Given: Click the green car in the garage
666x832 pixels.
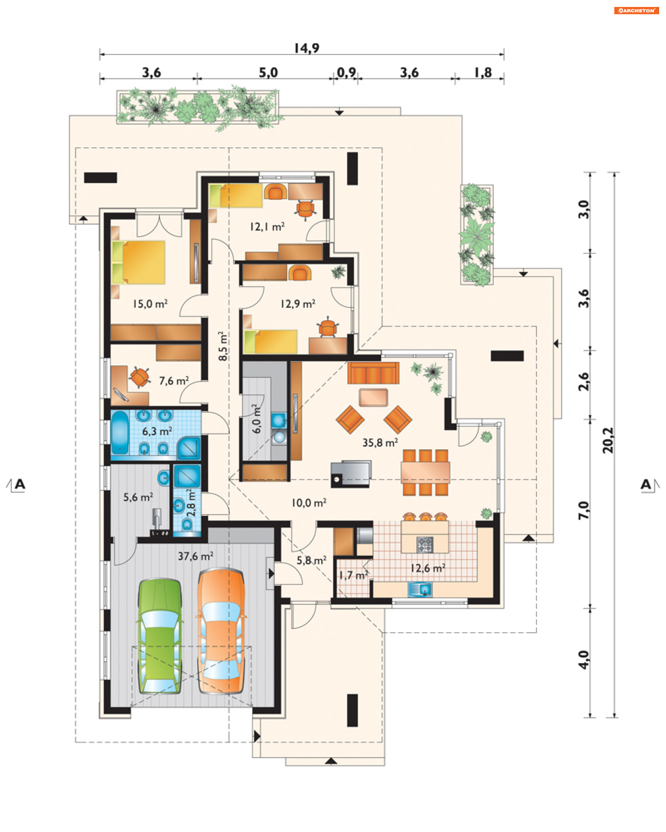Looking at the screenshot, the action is click(160, 635).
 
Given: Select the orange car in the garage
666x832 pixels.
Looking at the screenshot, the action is click(221, 631).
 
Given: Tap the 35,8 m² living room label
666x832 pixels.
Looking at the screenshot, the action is click(380, 443).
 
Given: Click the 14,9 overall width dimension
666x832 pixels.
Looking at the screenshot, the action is click(307, 48).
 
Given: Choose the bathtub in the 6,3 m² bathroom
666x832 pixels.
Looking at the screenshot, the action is click(120, 432).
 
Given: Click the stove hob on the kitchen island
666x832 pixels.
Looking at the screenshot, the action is click(425, 545).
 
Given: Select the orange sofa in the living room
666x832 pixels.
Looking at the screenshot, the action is click(373, 373).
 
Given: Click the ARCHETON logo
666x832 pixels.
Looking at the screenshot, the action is click(636, 10).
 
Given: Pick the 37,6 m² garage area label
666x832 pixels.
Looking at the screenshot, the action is click(195, 556).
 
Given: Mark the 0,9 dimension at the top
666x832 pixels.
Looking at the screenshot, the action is click(346, 72).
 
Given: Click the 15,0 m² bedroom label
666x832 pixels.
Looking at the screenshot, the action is click(150, 304).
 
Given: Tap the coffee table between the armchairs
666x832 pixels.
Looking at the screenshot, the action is click(373, 398).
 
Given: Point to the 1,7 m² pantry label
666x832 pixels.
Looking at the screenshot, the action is click(354, 575).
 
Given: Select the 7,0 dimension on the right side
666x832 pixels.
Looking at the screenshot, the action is click(584, 510).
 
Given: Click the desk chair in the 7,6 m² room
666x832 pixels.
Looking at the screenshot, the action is click(139, 377).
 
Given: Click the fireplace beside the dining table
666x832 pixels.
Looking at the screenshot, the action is click(351, 473).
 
